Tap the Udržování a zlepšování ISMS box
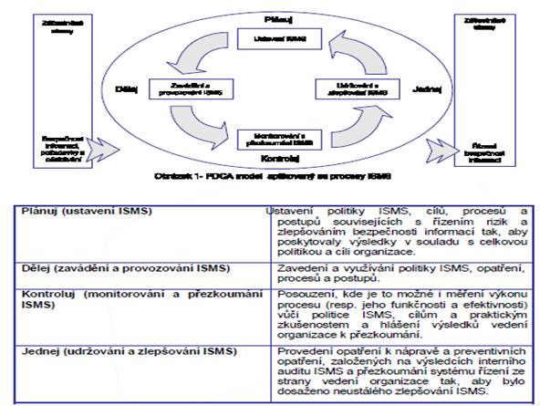point(347,89)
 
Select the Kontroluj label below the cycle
point(275,158)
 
